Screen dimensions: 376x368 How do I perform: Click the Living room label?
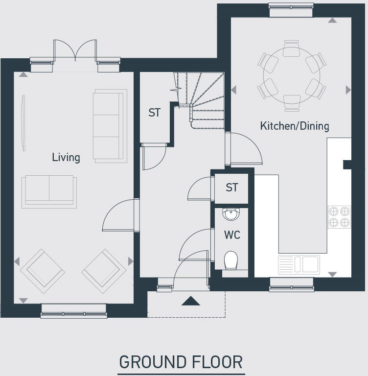coord(66,157)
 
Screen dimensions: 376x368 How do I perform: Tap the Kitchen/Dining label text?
coord(294,126)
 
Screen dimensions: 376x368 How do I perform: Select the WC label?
coord(232,235)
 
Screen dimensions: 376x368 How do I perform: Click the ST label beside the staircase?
coord(154,113)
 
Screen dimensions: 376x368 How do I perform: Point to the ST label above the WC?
coord(231,188)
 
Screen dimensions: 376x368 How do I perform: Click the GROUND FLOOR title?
coord(181,362)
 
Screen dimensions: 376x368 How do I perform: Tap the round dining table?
coord(292,76)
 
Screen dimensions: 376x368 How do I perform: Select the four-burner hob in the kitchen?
coord(339,217)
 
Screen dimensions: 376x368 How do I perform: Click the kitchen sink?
coord(299,264)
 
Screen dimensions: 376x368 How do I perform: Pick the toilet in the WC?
coord(231,259)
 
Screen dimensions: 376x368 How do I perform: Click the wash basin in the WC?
coord(231,214)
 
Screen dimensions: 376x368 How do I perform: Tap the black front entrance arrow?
coord(190,301)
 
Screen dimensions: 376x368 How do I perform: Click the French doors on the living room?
coord(75,51)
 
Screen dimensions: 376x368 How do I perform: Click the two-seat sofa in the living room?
coord(49,191)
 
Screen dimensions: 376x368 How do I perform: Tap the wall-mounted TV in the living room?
coord(23,122)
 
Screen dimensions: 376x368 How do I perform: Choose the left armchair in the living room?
coord(42,271)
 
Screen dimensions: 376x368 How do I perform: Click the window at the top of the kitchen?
coord(291,6)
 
